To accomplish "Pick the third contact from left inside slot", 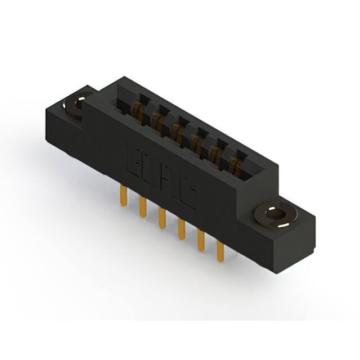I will tap(177, 131).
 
